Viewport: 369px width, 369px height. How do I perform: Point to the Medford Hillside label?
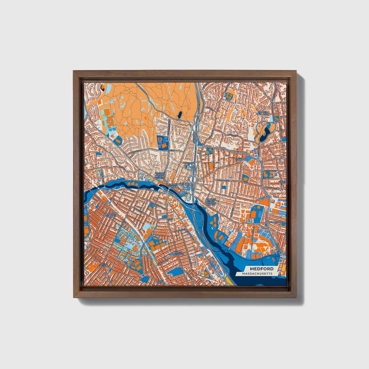[x=110, y=215]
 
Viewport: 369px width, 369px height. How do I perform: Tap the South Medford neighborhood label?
[x=178, y=253]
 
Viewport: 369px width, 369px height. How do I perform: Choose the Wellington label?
[x=275, y=222]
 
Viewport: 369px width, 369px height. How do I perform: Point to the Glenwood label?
[x=242, y=160]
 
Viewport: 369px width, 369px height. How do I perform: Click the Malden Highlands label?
[x=263, y=113]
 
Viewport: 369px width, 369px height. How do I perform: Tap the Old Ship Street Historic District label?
[x=211, y=202]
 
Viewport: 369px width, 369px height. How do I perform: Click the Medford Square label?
[x=170, y=185]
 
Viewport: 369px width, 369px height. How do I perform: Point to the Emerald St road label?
[x=271, y=171]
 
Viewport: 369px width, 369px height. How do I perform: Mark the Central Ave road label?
[x=222, y=180]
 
